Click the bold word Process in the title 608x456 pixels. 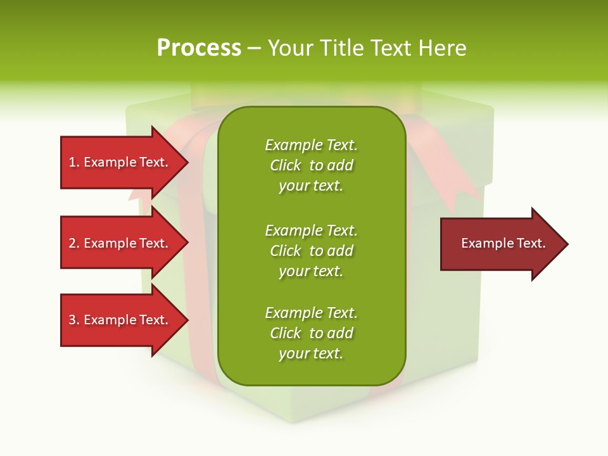click(x=199, y=48)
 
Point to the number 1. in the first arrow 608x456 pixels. click(x=74, y=162)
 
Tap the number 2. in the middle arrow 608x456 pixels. click(x=74, y=243)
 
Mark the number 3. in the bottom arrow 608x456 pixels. click(x=74, y=320)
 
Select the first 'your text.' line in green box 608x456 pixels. click(x=311, y=186)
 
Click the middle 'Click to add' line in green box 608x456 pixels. click(x=311, y=251)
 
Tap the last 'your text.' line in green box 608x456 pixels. click(x=311, y=354)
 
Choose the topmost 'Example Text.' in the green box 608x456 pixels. click(x=311, y=145)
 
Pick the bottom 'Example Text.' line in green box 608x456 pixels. click(x=311, y=313)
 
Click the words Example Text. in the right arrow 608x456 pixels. click(x=503, y=243)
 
